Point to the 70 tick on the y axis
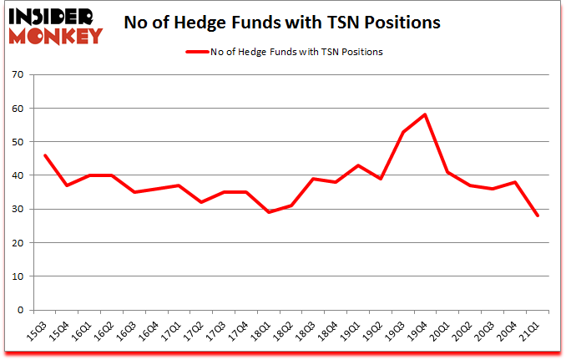pyautogui.click(x=18, y=75)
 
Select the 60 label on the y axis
pyautogui.click(x=18, y=109)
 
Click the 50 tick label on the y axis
pyautogui.click(x=18, y=142)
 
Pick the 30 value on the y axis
pyautogui.click(x=18, y=210)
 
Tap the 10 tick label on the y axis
pyautogui.click(x=18, y=276)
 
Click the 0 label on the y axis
pyautogui.click(x=20, y=310)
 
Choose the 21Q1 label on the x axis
pyautogui.click(x=525, y=332)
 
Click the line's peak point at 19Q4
pyautogui.click(x=426, y=115)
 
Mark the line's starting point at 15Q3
pyautogui.click(x=45, y=155)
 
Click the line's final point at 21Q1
pyautogui.click(x=537, y=215)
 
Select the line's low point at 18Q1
pyautogui.click(x=267, y=212)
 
